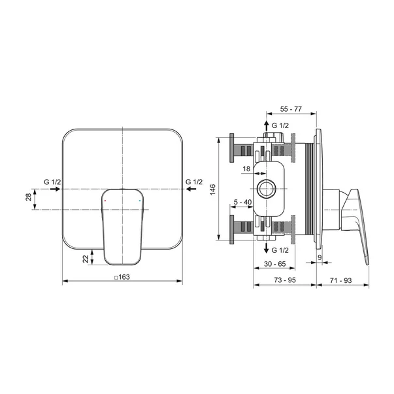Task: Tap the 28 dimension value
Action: [28, 197]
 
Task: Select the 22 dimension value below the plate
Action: [86, 259]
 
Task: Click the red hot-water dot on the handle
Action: [105, 201]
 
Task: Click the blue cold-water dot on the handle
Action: [140, 201]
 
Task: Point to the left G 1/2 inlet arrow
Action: [56, 189]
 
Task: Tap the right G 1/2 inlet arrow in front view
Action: [191, 189]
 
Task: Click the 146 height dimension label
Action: [213, 189]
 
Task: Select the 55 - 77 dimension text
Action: [291, 109]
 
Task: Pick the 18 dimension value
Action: [246, 169]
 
